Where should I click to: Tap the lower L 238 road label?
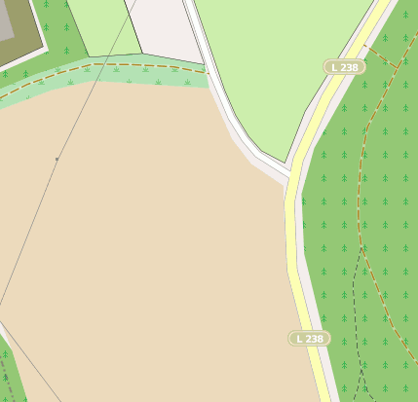[x=309, y=339]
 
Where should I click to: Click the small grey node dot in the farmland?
[x=57, y=159]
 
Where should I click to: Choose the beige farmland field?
[x=146, y=243]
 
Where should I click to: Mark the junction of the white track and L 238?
[x=291, y=181]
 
